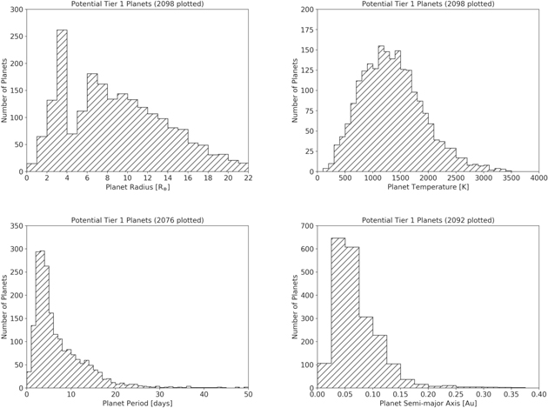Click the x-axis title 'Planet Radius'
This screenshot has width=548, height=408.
[x=137, y=187]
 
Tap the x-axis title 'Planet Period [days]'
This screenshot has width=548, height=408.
[x=137, y=403]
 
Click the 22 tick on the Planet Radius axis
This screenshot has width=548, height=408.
[x=247, y=177]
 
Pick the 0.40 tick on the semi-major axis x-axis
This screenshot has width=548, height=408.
[x=537, y=393]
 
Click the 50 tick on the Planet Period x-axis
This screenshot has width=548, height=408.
[x=247, y=393]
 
